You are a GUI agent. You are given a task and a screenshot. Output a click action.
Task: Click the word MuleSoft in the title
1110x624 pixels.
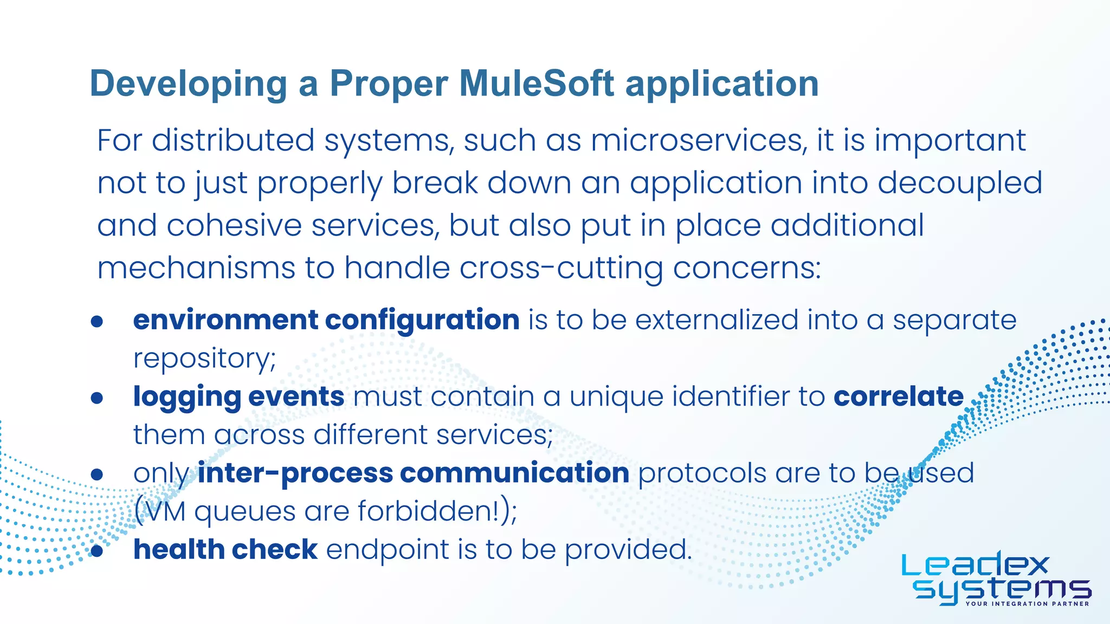tap(537, 84)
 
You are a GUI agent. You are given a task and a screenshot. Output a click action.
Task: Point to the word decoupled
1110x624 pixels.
tap(960, 183)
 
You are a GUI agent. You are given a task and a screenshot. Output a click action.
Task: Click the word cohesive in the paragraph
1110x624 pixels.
tap(234, 225)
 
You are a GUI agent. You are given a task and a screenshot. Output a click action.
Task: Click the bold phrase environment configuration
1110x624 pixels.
tap(326, 320)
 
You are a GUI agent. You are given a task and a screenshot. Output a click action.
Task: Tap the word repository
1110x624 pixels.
tap(204, 359)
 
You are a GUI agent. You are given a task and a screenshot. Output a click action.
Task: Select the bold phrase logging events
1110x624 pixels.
tap(238, 397)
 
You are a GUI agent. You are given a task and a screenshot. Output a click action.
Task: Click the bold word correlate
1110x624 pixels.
tap(899, 396)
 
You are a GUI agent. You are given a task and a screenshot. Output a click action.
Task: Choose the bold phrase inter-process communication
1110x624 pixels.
tap(413, 473)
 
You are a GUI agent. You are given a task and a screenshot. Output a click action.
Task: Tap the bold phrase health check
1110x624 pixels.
tap(225, 550)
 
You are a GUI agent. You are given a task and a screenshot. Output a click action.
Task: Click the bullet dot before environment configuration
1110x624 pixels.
tap(97, 322)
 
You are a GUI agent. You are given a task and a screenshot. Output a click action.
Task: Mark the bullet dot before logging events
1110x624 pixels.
tap(97, 399)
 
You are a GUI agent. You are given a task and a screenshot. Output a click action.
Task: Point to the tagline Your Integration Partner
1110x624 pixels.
tap(1027, 603)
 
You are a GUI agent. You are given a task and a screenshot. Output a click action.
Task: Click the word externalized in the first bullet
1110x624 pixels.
tap(717, 320)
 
